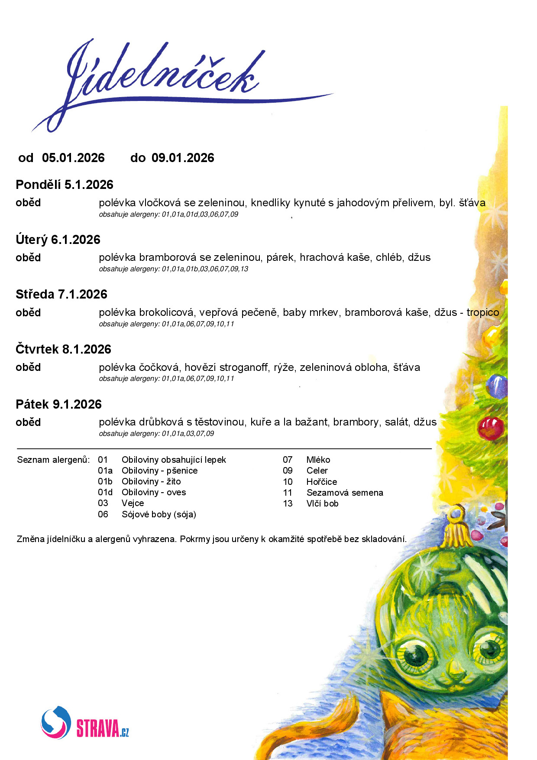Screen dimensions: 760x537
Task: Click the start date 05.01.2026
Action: [x=73, y=158]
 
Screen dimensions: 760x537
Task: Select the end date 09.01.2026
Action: [x=183, y=158]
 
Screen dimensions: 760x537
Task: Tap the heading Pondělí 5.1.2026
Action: [x=65, y=185]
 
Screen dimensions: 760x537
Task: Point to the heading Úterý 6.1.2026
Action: [x=58, y=240]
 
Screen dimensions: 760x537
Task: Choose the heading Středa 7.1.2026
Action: [x=61, y=295]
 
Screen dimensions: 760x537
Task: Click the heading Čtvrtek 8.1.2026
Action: [x=64, y=349]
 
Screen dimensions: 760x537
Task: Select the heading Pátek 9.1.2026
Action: [x=59, y=404]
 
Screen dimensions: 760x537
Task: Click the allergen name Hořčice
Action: [x=321, y=482]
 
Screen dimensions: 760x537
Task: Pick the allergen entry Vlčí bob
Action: [x=322, y=503]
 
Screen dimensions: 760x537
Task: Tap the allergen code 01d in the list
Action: [x=105, y=492]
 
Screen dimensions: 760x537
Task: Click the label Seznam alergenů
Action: [x=53, y=460]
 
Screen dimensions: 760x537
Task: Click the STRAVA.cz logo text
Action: [x=103, y=728]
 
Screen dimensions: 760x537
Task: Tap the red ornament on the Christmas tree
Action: [x=491, y=427]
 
